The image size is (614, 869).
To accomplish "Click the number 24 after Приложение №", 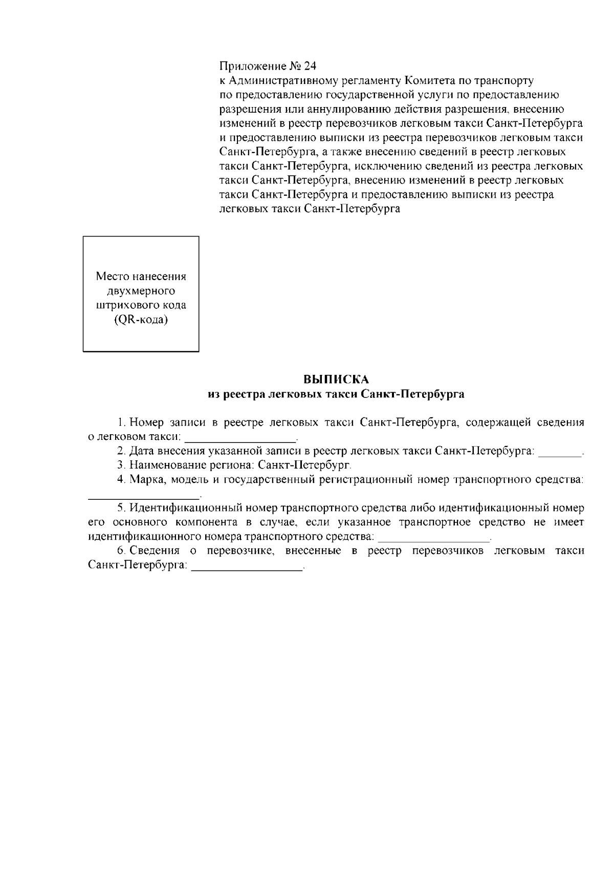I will (x=310, y=67).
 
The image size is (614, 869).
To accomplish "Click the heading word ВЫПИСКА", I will (x=336, y=380).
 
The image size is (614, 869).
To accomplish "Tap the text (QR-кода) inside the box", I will (x=141, y=320).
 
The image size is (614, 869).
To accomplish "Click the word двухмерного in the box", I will (x=141, y=291).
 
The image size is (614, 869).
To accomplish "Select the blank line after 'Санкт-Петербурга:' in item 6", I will (x=247, y=568).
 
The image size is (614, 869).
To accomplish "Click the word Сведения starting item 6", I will (x=155, y=551).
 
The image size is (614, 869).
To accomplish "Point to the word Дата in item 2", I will (x=141, y=451).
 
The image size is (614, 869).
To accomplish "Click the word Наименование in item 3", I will (x=165, y=465).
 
